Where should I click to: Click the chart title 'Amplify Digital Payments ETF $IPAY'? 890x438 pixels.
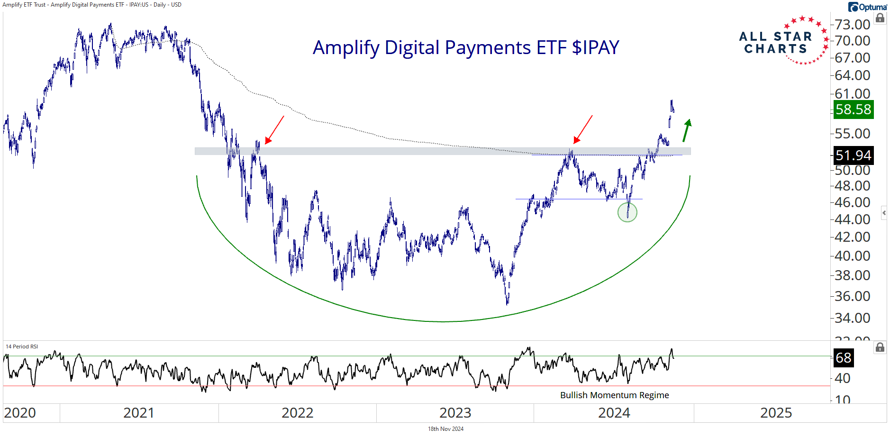point(466,47)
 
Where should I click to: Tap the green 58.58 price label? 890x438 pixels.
point(853,109)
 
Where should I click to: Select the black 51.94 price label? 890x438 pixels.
point(853,155)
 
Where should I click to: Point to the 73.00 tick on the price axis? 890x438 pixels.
point(853,24)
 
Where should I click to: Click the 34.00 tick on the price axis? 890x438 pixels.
point(853,318)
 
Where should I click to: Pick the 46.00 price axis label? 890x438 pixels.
point(853,202)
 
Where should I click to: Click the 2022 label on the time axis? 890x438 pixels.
point(297,413)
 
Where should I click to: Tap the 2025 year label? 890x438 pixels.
point(776,413)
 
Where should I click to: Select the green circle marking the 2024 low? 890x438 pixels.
point(627,212)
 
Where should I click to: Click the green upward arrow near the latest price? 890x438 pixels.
point(687,130)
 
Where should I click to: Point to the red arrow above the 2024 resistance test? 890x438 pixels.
point(583,129)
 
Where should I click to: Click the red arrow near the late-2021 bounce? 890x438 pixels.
point(274,129)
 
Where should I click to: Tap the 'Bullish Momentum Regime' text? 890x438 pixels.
point(614,395)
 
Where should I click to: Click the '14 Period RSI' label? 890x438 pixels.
point(22,347)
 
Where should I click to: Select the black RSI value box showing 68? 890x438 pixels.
point(843,358)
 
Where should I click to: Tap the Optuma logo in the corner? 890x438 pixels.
point(868,7)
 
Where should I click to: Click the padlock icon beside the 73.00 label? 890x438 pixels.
point(880,18)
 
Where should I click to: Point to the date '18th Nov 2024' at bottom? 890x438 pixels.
point(445,429)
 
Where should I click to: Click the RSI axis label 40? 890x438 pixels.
point(842,378)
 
